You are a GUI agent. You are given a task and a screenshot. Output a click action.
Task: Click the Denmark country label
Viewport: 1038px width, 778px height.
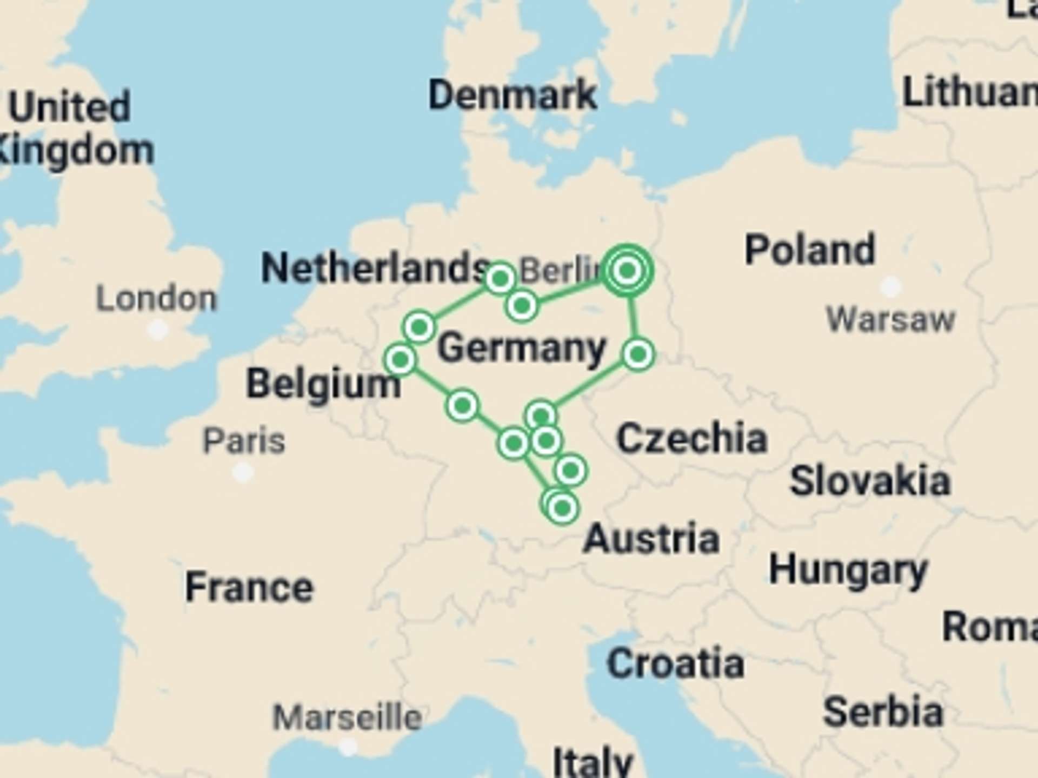point(513,95)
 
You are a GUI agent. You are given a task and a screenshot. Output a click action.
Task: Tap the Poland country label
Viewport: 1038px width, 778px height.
point(809,250)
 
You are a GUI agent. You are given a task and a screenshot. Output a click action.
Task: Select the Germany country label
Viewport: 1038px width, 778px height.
point(522,348)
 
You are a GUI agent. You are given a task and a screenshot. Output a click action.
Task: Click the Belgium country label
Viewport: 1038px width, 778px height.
point(323,384)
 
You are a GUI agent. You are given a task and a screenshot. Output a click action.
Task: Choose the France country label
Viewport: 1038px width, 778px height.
point(249,587)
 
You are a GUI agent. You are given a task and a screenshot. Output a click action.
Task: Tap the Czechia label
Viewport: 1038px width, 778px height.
point(692,438)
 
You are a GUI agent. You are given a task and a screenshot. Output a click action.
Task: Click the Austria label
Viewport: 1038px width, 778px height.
point(651,539)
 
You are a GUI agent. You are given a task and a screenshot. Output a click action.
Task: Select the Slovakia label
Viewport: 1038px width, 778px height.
point(870,481)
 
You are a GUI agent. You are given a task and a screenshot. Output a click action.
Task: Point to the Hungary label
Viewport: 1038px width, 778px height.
point(848,570)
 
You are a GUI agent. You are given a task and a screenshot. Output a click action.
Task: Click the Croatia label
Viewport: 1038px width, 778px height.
point(675,663)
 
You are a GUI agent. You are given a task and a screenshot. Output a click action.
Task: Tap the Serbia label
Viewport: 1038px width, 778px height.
point(883,712)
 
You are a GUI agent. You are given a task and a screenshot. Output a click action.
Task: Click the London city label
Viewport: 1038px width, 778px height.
point(156,298)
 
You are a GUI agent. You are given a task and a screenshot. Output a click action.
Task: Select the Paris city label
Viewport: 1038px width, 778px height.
point(244,441)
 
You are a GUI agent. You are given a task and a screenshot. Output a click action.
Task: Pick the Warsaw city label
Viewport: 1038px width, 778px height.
point(891,319)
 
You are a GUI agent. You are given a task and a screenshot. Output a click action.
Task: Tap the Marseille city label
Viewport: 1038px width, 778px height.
point(347,717)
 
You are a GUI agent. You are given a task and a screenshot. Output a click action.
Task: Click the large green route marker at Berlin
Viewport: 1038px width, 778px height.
point(627,270)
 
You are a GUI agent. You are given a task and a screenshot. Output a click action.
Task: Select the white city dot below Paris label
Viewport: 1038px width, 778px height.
point(243,473)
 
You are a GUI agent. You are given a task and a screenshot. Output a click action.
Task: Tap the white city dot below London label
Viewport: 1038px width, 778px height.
point(158,328)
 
